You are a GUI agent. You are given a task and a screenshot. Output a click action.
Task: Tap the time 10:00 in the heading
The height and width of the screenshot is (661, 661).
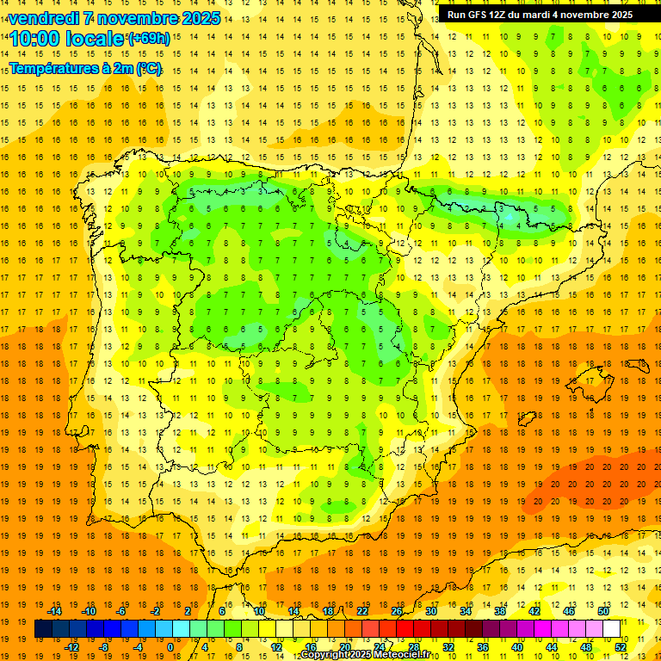click(35, 39)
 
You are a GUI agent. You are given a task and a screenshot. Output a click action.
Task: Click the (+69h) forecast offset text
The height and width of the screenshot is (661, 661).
click(148, 38)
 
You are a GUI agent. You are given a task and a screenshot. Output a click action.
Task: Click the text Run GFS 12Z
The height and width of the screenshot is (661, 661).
click(480, 15)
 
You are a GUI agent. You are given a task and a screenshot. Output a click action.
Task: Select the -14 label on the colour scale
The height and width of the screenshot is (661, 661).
click(54, 611)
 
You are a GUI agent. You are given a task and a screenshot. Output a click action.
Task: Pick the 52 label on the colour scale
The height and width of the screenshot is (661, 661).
click(621, 647)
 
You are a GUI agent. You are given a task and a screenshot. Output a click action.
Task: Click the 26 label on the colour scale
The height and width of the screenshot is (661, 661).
click(397, 611)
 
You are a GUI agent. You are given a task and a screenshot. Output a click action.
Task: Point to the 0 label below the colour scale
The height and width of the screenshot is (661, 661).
click(171, 647)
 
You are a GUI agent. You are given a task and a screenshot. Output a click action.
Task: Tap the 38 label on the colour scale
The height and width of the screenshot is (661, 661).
click(500, 611)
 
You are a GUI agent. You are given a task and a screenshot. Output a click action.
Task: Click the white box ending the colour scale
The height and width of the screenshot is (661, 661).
click(612, 629)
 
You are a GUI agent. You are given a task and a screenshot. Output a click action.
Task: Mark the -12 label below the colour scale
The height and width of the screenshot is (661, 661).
click(71, 647)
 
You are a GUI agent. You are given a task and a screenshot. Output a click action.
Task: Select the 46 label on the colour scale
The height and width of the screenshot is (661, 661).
click(569, 611)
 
